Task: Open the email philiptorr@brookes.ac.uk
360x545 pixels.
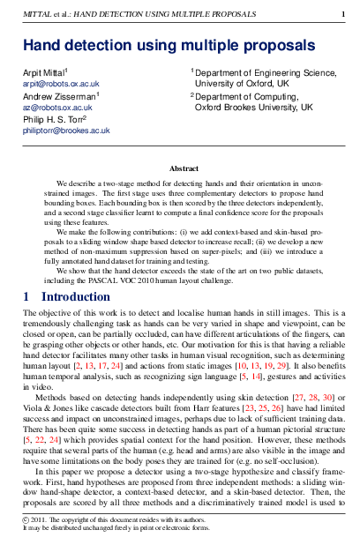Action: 66,130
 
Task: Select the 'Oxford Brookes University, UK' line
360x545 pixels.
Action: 253,107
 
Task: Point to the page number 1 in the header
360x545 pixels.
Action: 342,14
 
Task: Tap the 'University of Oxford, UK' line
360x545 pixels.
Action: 243,84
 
